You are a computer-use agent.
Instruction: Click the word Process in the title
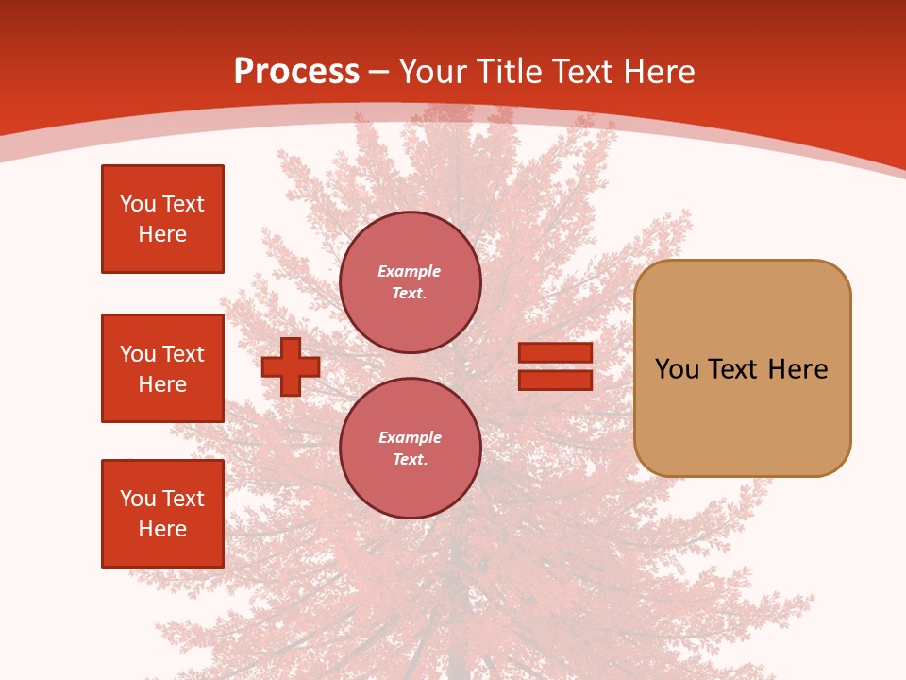click(x=296, y=72)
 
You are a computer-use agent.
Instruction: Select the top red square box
click(x=162, y=219)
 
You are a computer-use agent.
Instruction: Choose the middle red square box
click(x=162, y=368)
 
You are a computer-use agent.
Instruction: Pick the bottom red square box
click(x=162, y=514)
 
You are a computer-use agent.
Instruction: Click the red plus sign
click(x=291, y=366)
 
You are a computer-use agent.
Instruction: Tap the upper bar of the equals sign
click(x=556, y=353)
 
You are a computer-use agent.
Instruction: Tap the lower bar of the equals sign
click(x=556, y=380)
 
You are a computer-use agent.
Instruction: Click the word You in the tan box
click(x=676, y=369)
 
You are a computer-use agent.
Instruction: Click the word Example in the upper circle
click(x=410, y=271)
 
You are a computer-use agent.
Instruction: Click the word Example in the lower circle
click(x=410, y=437)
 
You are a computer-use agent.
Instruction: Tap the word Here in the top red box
click(x=162, y=234)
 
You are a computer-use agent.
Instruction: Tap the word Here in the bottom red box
click(x=162, y=529)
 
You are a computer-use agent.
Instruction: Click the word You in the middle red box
click(x=138, y=354)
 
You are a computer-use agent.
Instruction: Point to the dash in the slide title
click(x=379, y=72)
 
